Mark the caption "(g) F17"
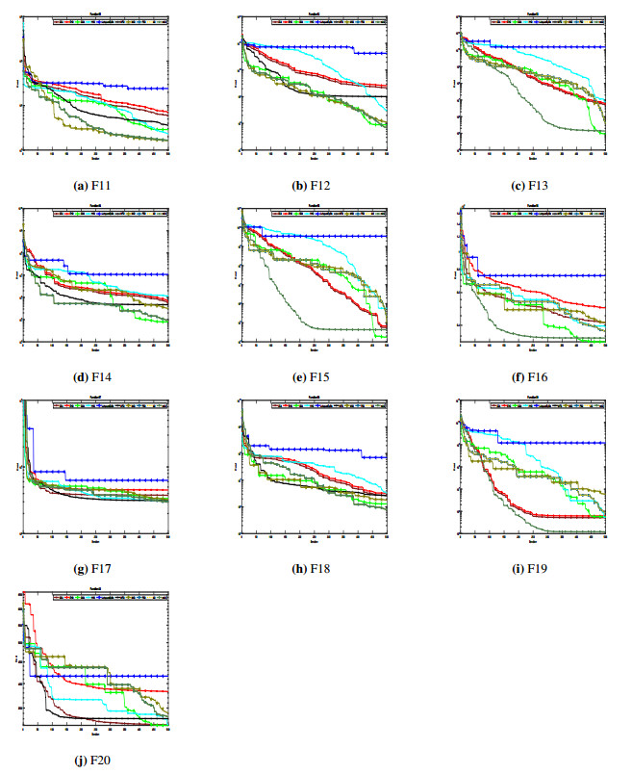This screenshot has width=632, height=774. coord(94,568)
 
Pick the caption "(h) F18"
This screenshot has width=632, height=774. coord(313,568)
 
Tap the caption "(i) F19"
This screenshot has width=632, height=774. coord(532,568)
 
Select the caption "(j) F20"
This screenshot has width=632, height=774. coord(94,760)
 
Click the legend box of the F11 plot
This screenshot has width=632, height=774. coord(110,19)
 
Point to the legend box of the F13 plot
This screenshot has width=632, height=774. coord(547,19)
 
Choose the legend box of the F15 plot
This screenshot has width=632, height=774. coord(329,212)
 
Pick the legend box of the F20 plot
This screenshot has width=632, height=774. coord(110,596)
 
